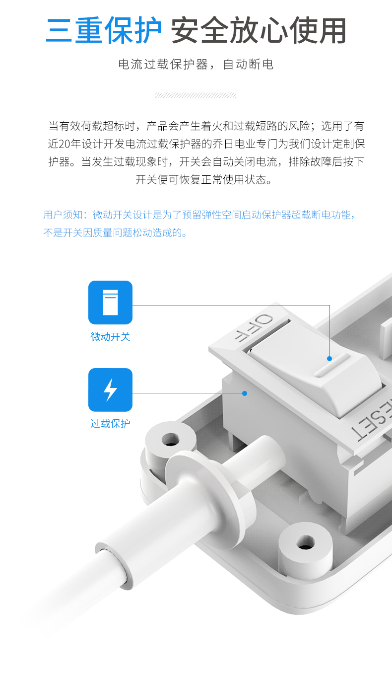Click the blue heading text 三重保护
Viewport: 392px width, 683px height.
[104, 31]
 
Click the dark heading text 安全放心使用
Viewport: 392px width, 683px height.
[258, 31]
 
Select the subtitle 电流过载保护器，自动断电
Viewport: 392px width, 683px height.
[196, 65]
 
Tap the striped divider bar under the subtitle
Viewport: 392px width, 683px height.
[196, 95]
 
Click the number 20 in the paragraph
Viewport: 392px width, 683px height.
[65, 144]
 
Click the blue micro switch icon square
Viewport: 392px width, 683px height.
[110, 303]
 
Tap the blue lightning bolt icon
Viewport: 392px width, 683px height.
[110, 390]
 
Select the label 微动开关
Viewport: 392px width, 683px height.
[110, 337]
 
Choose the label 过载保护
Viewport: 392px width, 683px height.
[110, 424]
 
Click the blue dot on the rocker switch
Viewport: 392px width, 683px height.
[329, 358]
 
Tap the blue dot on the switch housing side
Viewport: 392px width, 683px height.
[244, 393]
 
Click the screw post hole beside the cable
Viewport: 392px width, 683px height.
[171, 439]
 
